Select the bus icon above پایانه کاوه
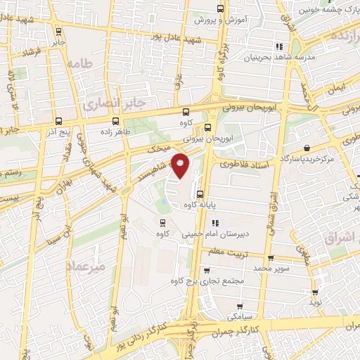pyautogui.click(x=200, y=195)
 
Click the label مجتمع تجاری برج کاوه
pyautogui.click(x=206, y=282)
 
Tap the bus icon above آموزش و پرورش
pyautogui.click(x=221, y=9)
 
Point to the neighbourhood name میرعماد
pyautogui.click(x=85, y=266)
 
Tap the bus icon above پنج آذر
pyautogui.click(x=58, y=120)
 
